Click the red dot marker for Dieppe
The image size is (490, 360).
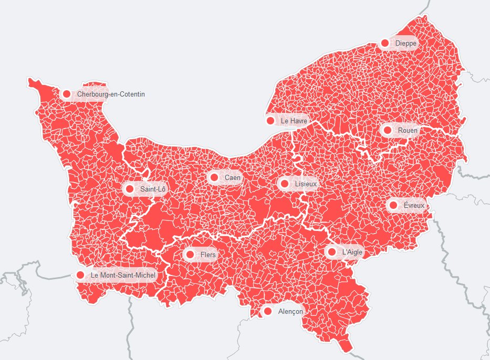tap(385, 43)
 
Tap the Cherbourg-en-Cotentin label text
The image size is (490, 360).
tap(111, 94)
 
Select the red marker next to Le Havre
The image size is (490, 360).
tap(270, 121)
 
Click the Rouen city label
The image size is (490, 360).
tap(408, 130)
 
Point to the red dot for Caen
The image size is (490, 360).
tap(214, 177)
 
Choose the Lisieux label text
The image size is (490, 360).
tap(306, 184)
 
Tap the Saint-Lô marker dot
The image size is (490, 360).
tap(130, 189)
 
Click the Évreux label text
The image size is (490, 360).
tap(414, 206)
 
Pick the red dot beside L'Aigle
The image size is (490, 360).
tap(331, 252)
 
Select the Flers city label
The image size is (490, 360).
tap(208, 255)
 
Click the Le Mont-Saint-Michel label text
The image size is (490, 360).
tap(123, 275)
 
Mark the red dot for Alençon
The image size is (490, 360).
tap(268, 311)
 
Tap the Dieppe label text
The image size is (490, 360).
tap(406, 43)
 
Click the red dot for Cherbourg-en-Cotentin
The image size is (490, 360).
tap(66, 94)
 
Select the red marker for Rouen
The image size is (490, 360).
tap(388, 130)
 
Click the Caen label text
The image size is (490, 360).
tap(233, 177)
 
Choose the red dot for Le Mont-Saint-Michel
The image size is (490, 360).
tap(80, 275)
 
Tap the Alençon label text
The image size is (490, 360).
tap(290, 311)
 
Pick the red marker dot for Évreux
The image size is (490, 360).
tap(393, 205)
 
